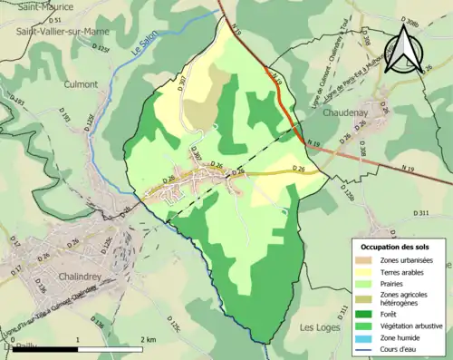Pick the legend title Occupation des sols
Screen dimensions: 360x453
click(397, 247)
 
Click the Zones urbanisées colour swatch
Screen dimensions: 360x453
click(370, 260)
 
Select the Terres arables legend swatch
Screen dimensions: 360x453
click(370, 273)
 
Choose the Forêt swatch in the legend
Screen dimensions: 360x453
click(370, 309)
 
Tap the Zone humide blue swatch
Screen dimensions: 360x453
click(370, 333)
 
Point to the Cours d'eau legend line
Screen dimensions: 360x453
click(370, 345)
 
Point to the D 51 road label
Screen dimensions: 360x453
click(54, 19)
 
